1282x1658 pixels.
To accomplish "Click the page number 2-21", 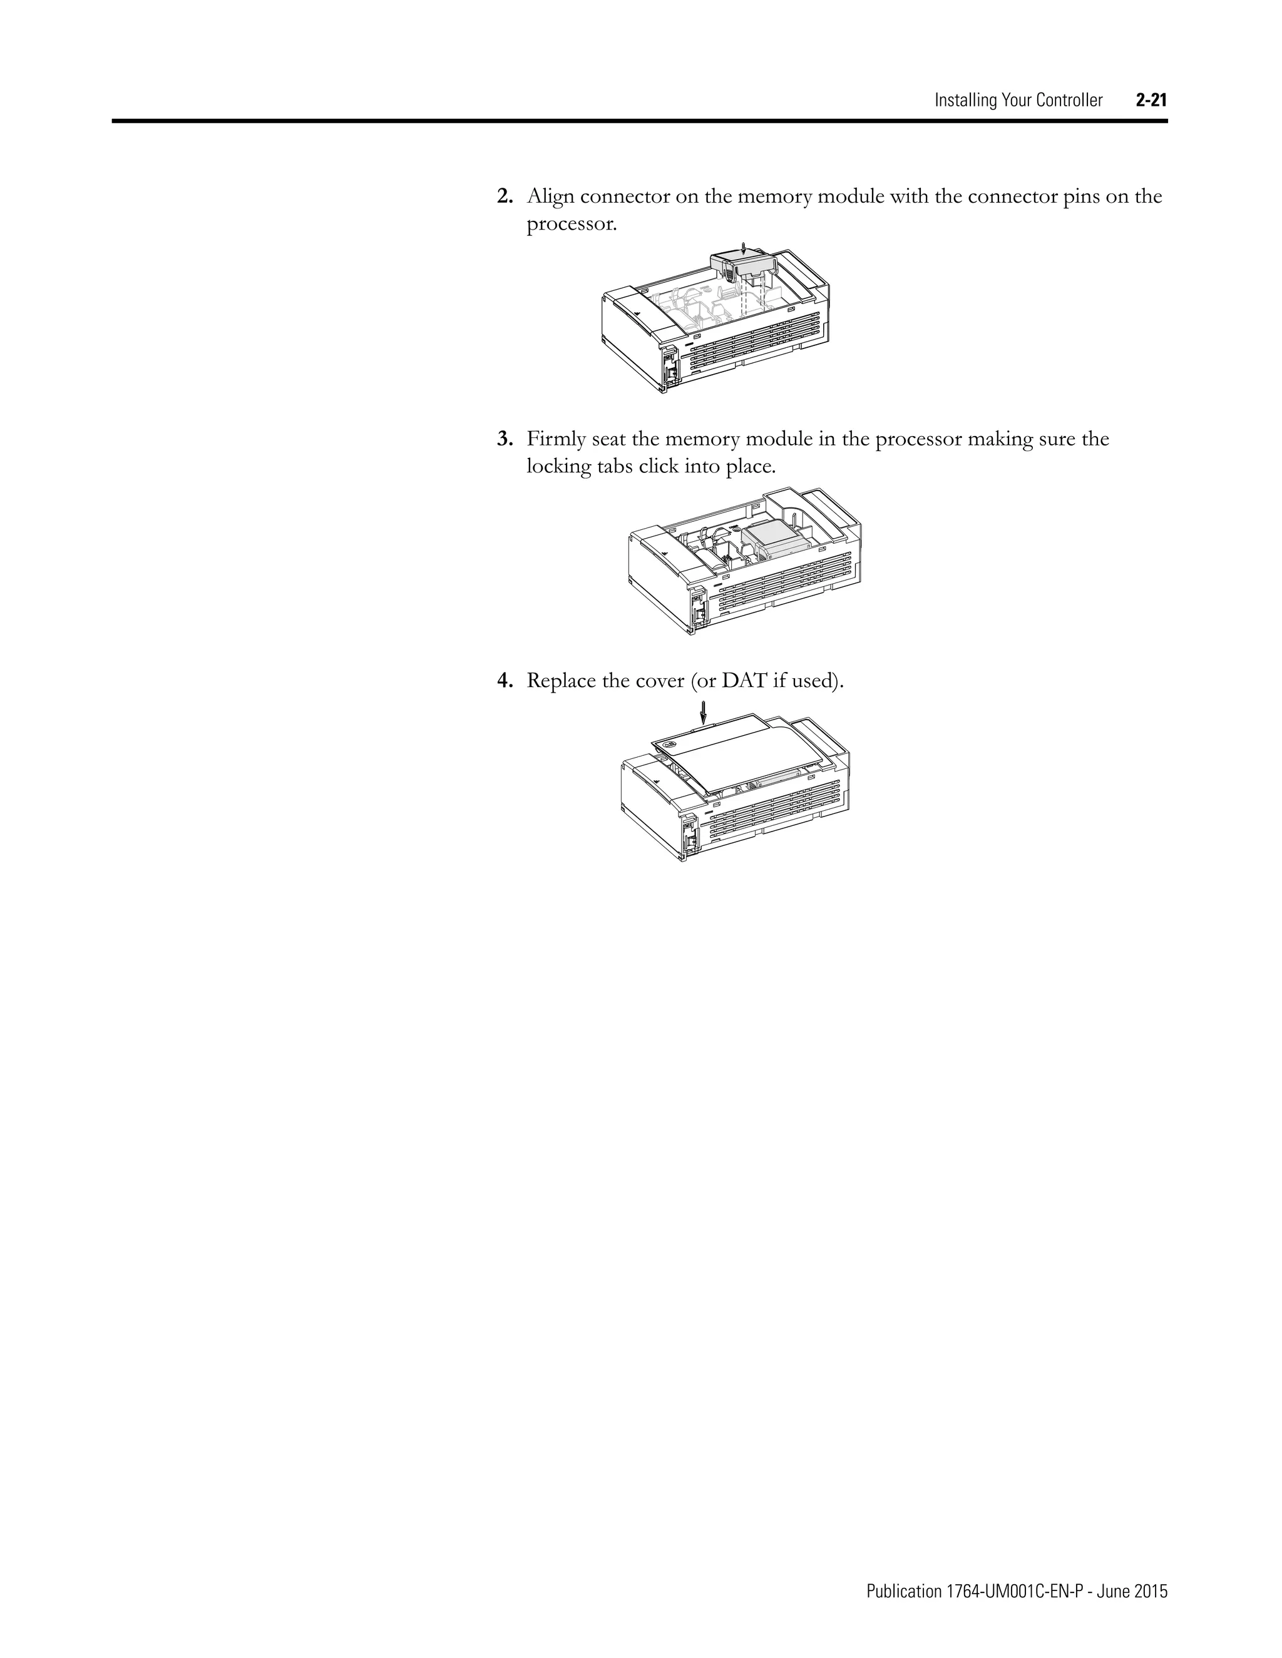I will point(1151,100).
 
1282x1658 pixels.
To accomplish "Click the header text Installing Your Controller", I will point(1018,100).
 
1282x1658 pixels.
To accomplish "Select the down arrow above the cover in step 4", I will point(703,711).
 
